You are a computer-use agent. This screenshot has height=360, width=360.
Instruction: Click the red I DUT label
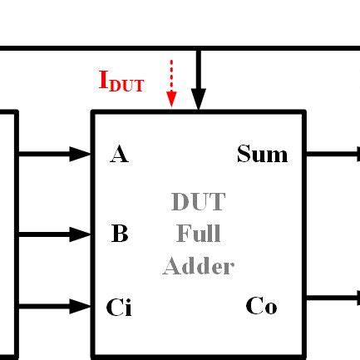(121, 81)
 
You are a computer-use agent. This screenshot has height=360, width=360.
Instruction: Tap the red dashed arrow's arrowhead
(171, 99)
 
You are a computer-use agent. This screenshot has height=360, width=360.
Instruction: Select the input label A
(119, 155)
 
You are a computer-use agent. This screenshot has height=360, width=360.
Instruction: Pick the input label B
(119, 234)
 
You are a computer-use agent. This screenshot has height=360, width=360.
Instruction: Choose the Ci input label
(118, 308)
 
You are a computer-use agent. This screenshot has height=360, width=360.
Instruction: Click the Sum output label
(262, 154)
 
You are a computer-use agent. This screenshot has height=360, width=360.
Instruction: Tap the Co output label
(261, 306)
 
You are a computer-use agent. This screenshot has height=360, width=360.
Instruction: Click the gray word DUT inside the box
(198, 202)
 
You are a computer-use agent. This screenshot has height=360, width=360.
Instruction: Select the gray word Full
(198, 234)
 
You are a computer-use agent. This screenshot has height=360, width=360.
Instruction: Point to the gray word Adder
(198, 267)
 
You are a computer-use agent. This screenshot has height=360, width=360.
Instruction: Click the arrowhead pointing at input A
(81, 154)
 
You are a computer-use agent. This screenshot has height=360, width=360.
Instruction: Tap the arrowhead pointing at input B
(81, 235)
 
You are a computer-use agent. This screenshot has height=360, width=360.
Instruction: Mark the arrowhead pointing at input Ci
(81, 307)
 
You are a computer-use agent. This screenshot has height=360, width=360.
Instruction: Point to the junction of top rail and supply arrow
(198, 49)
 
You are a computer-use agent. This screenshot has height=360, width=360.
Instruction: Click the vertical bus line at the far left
(16, 233)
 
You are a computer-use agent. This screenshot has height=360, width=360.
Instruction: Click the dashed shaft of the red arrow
(171, 75)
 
